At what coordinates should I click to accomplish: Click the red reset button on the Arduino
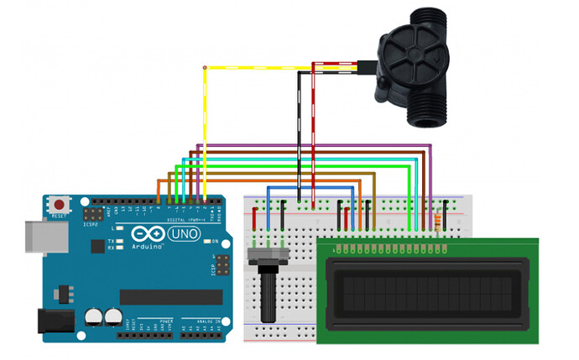pyautogui.click(x=60, y=204)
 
